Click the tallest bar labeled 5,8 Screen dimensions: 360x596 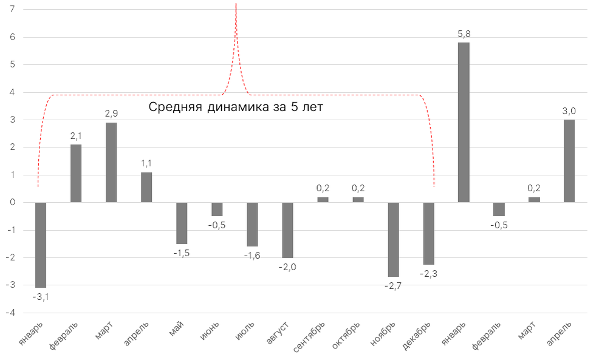[464, 122]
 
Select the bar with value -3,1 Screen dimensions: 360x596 [41, 245]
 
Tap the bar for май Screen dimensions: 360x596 [182, 223]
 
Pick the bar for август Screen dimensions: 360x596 [287, 230]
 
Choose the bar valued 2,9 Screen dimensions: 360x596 [111, 162]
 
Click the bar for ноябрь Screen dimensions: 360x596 [393, 239]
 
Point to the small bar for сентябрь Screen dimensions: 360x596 [323, 200]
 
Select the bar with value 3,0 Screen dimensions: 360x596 [569, 161]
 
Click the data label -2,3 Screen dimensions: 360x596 [428, 274]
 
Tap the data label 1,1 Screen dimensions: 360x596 [146, 164]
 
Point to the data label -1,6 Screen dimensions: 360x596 [252, 256]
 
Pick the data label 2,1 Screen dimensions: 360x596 [76, 136]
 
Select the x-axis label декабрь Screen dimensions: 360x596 [418, 338]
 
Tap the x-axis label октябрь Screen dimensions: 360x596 [347, 337]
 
